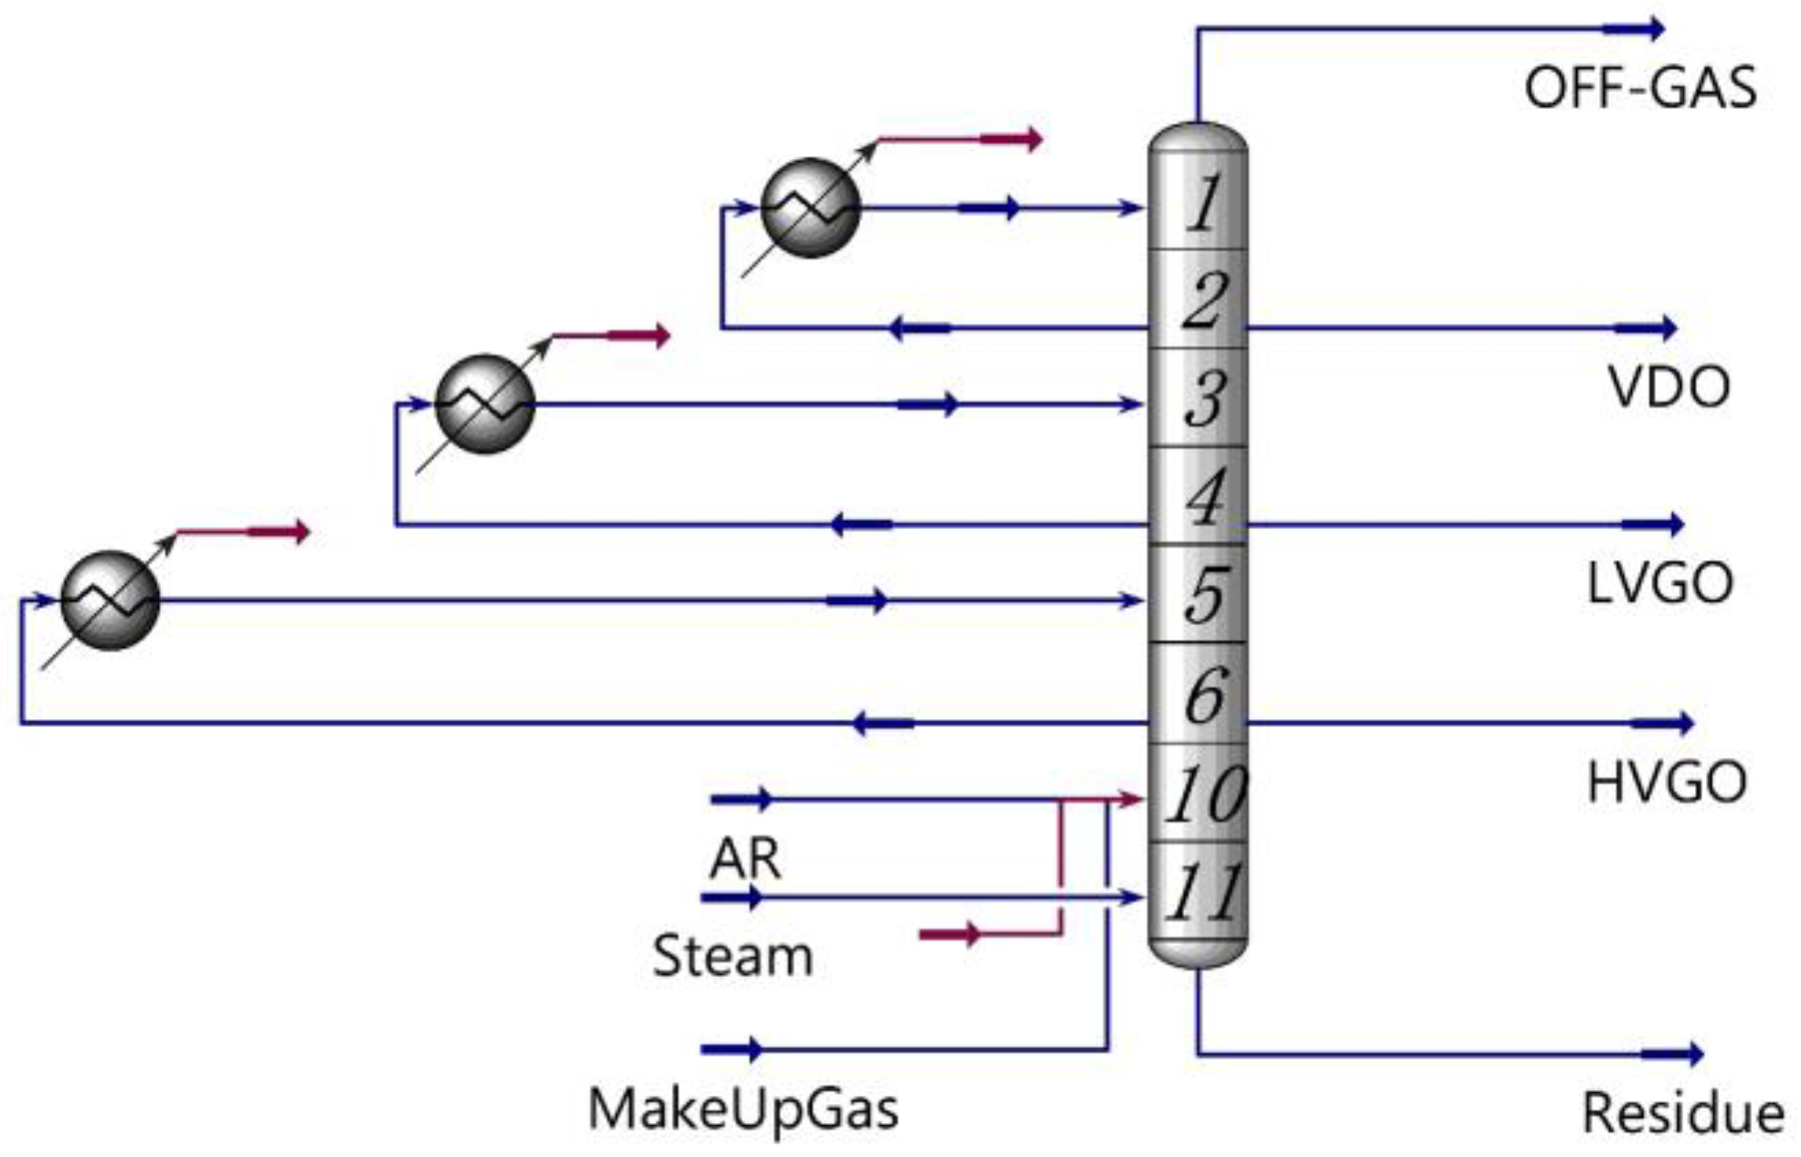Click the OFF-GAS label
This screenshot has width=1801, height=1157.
pos(1639,89)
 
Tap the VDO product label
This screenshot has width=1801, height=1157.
pos(1669,387)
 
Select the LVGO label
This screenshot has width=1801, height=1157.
pos(1659,583)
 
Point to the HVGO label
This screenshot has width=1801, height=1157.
pos(1667,783)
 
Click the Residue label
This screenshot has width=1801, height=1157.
pos(1682,1113)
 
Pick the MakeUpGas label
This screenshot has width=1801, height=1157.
pos(743,1109)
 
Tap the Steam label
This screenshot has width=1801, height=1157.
pos(733,956)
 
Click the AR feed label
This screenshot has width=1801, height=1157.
pos(746,858)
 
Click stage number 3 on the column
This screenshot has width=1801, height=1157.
pos(1204,399)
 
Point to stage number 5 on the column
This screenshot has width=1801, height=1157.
pos(1204,595)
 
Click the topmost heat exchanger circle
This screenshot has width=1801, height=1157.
pos(810,208)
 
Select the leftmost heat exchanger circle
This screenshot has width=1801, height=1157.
pos(111,600)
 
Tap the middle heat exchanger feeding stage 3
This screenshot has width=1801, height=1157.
pos(484,404)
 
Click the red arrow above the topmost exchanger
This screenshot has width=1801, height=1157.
pos(1010,140)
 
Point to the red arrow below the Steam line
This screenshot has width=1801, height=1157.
pos(950,934)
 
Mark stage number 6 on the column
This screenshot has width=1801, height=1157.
pos(1204,695)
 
